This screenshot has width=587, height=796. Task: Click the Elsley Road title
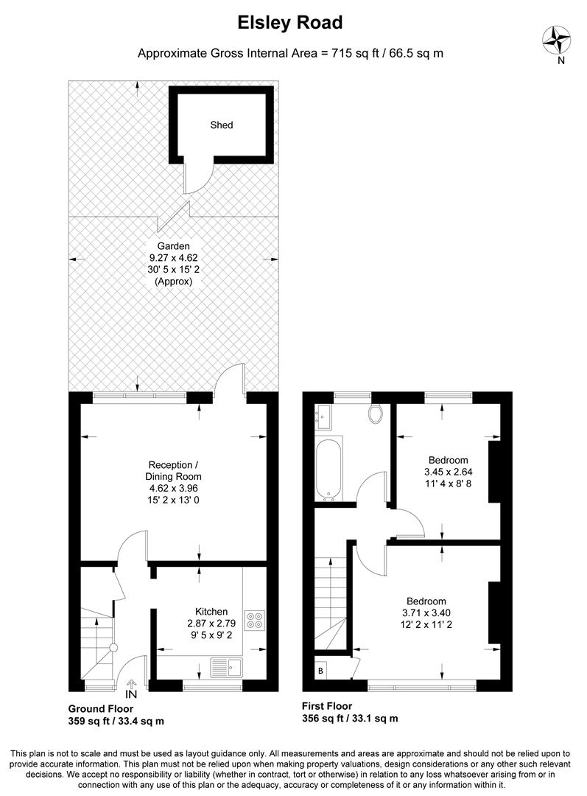289,23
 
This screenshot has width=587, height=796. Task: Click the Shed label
221,125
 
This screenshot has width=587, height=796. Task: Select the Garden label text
173,246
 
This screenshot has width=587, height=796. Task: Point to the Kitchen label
211,612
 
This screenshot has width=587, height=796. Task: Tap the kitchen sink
227,666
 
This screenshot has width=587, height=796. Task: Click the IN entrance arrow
131,690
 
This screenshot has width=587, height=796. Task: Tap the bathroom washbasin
324,418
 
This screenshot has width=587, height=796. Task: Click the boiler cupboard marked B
321,671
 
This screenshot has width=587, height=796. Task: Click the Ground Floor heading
101,708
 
